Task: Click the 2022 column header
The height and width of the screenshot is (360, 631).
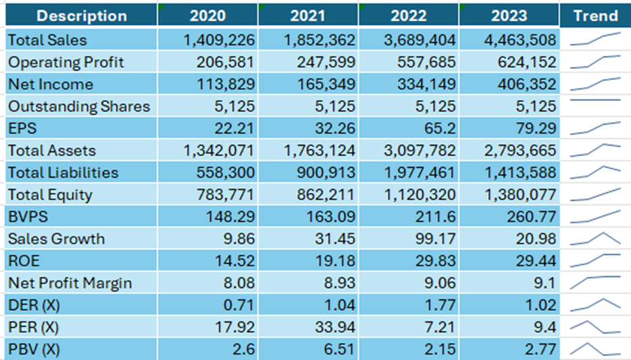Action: [408, 16]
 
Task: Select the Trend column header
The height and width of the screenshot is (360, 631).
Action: [595, 16]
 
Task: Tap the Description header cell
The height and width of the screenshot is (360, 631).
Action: [81, 16]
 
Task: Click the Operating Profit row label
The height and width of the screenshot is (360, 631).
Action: [66, 63]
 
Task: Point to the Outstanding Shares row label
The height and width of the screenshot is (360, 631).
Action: [79, 107]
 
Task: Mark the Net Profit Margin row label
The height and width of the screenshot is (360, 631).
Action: [70, 283]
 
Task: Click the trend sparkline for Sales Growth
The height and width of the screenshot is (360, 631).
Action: [595, 238]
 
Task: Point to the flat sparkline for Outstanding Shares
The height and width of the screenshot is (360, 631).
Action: [595, 100]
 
